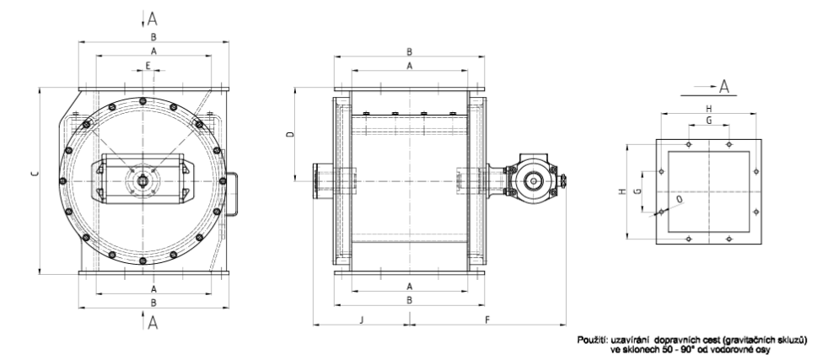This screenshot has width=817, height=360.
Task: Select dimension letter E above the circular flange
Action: tap(148, 66)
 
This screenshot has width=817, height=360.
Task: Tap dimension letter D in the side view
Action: tap(291, 134)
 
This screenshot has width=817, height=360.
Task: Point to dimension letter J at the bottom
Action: tap(362, 320)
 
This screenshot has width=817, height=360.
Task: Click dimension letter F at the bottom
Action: tap(487, 320)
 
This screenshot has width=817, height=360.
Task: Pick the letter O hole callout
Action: tap(679, 199)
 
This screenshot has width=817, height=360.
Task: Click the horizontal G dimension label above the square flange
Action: tap(708, 121)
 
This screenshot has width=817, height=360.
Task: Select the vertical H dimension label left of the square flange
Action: tap(621, 191)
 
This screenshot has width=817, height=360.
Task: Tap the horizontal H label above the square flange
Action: tap(708, 109)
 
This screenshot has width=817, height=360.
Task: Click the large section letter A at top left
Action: tap(152, 19)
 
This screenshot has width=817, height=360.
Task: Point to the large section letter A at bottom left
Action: tap(152, 323)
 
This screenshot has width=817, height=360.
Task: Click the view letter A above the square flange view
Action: tap(723, 87)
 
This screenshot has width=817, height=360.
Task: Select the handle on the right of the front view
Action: tap(233, 193)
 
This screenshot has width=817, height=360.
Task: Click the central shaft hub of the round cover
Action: tap(142, 180)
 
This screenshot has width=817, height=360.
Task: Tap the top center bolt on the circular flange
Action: tap(142, 100)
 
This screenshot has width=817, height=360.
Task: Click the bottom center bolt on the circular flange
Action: tap(142, 261)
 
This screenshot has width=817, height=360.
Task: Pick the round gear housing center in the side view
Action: tap(533, 181)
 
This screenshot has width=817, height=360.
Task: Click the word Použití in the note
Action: tap(591, 341)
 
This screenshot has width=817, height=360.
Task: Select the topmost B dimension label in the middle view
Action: tap(410, 51)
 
